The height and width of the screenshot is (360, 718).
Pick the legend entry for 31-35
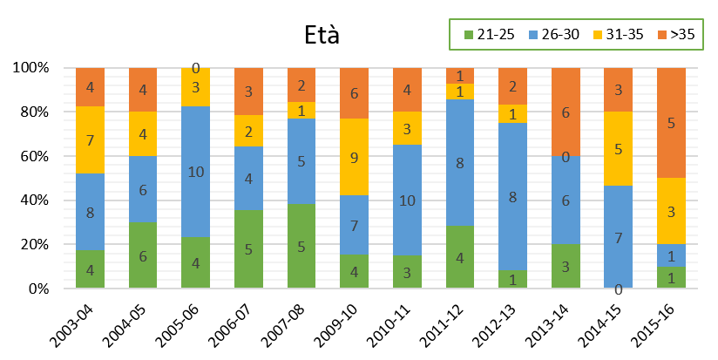pos(616,35)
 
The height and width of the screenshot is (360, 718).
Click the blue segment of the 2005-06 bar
pos(196,172)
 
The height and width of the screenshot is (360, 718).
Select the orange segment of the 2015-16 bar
pos(672,123)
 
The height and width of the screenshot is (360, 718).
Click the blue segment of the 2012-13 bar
pos(513,196)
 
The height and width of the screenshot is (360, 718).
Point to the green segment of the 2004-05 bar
pos(143,255)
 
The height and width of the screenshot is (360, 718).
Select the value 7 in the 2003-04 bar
pos(90,140)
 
